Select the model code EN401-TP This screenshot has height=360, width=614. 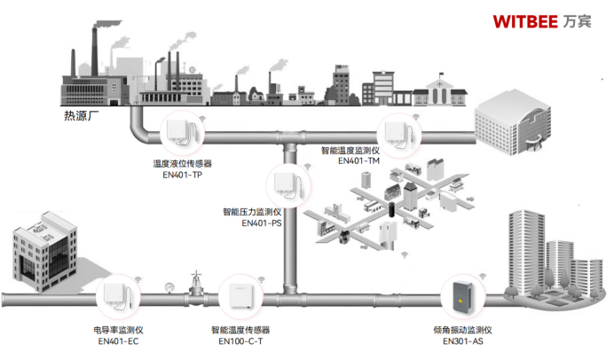coord(183,175)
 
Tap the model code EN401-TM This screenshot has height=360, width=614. coord(358,160)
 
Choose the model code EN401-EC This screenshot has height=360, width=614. coord(118,340)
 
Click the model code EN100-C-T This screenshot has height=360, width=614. coord(240,340)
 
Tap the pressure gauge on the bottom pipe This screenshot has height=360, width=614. coord(169,286)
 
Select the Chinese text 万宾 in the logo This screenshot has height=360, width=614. coord(577,20)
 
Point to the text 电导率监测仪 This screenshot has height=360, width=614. coord(118,329)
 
